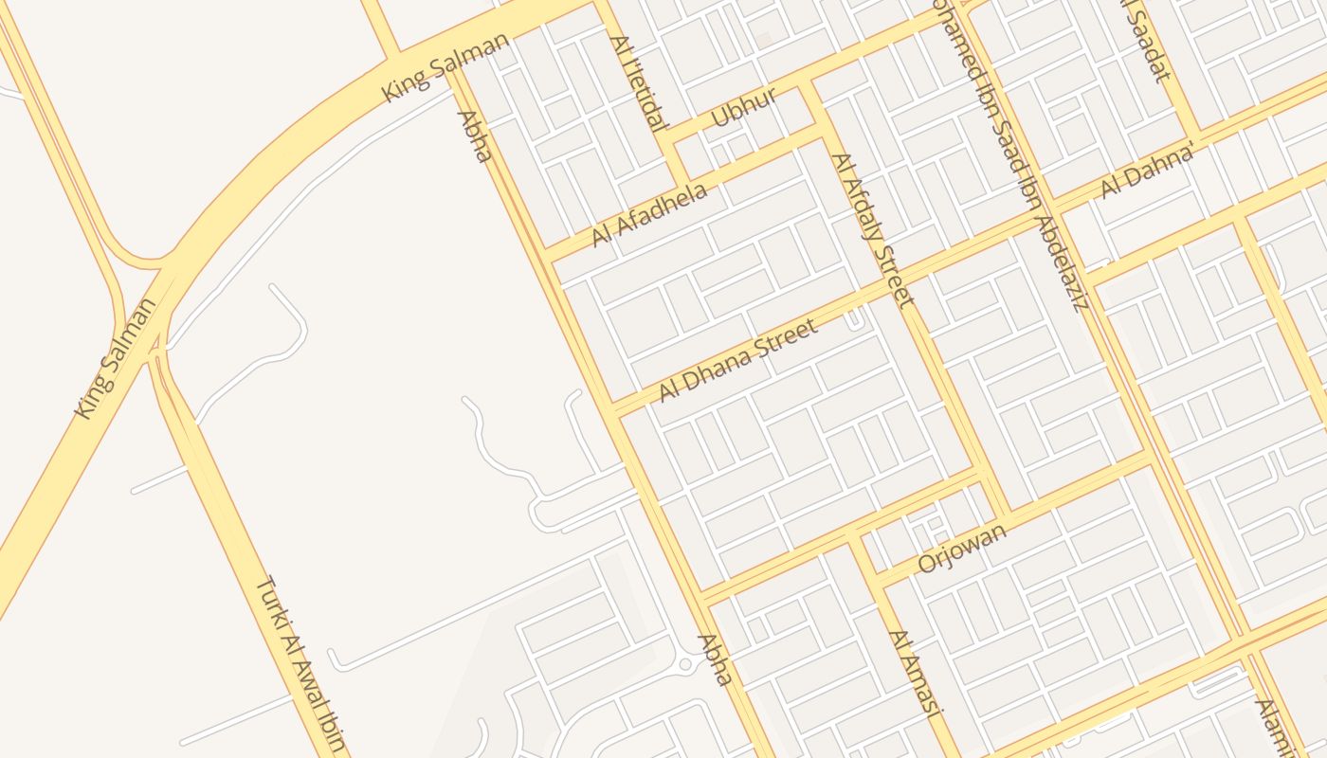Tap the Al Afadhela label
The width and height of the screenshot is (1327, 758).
(649, 215)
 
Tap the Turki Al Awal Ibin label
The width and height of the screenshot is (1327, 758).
(300, 663)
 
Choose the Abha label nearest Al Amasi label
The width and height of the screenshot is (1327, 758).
(716, 659)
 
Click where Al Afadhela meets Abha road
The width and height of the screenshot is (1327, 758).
(548, 257)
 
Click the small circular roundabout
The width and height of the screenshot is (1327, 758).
(685, 664)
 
